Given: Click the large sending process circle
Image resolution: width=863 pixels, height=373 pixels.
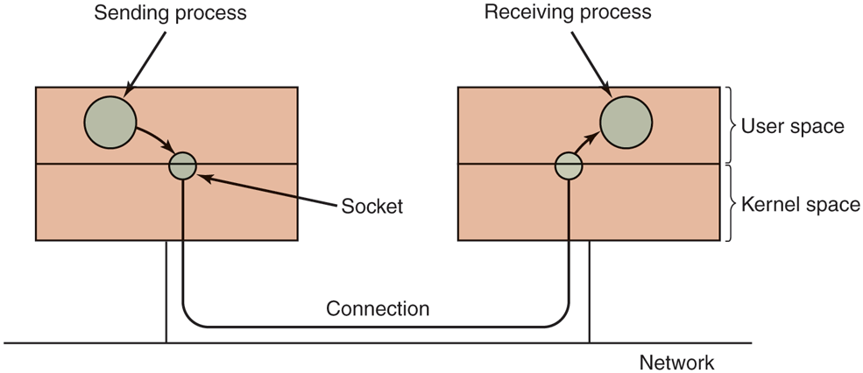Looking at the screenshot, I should click(x=110, y=123).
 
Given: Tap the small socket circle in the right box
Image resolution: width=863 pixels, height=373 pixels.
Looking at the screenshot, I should click(x=569, y=165).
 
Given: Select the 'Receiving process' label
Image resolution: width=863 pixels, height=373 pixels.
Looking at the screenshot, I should click(x=568, y=12).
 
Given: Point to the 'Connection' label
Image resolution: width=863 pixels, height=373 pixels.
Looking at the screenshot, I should click(x=378, y=309).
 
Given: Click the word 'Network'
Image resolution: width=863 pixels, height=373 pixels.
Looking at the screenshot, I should click(x=676, y=362).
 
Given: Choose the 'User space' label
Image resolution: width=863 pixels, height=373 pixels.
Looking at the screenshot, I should click(x=792, y=126).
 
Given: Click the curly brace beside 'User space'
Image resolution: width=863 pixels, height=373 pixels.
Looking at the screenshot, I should click(x=732, y=125).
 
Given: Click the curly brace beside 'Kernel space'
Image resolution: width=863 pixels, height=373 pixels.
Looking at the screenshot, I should click(x=732, y=203).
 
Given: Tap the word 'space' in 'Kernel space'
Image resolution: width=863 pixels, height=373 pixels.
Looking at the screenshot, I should click(x=831, y=205).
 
